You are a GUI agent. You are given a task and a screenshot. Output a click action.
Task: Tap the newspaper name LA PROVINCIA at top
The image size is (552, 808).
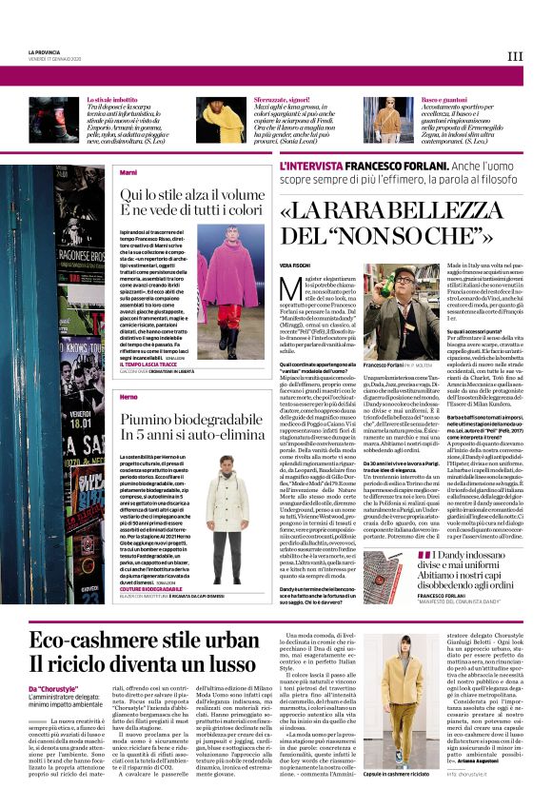tap(45, 51)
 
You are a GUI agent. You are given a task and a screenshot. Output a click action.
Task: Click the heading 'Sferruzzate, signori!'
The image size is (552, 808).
tap(284, 99)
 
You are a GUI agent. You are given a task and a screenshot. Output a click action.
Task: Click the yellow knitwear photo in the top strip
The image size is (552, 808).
tap(227, 119)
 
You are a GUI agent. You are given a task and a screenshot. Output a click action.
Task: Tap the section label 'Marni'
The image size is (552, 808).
tap(128, 172)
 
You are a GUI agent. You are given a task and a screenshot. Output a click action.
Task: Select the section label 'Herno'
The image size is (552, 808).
tap(129, 394)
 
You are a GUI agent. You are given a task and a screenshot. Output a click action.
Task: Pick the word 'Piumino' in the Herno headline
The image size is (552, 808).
tap(150, 418)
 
